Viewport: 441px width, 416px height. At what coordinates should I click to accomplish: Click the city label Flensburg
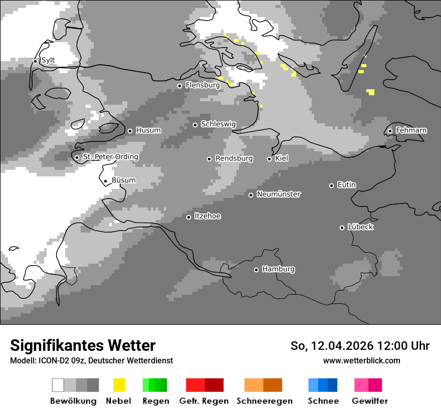pyautogui.click(x=202, y=85)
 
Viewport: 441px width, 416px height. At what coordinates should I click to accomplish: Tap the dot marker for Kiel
pyautogui.click(x=269, y=159)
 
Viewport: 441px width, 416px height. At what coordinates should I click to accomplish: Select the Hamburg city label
pyautogui.click(x=278, y=269)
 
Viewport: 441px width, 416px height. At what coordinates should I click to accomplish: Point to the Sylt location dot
pyautogui.click(x=36, y=61)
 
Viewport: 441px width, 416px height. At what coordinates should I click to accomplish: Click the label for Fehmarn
pyautogui.click(x=411, y=130)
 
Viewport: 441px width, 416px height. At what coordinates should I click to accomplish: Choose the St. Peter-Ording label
pyautogui.click(x=110, y=157)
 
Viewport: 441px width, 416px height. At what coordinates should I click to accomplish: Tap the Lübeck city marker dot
pyautogui.click(x=342, y=228)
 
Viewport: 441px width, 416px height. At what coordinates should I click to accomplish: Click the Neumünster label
pyautogui.click(x=279, y=194)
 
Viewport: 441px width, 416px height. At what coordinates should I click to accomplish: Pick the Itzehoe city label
pyautogui.click(x=207, y=216)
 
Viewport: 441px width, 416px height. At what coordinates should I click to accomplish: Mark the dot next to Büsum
pyautogui.click(x=106, y=181)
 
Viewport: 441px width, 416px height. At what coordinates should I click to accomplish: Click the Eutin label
pyautogui.click(x=346, y=185)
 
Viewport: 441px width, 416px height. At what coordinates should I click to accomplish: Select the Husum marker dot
pyautogui.click(x=130, y=131)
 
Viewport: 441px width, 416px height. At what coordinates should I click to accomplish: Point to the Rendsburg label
pyautogui.click(x=234, y=158)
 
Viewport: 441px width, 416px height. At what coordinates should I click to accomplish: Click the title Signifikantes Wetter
pyautogui.click(x=83, y=346)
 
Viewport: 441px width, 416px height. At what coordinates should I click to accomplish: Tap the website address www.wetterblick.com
pyautogui.click(x=361, y=360)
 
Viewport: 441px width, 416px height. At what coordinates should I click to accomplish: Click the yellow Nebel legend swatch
pyautogui.click(x=119, y=385)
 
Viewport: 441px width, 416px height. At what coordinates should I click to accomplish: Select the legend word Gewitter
pyautogui.click(x=369, y=401)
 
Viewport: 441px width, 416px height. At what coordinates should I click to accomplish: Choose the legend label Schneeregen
pyautogui.click(x=264, y=401)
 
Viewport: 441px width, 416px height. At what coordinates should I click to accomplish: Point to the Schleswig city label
pyautogui.click(x=218, y=124)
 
